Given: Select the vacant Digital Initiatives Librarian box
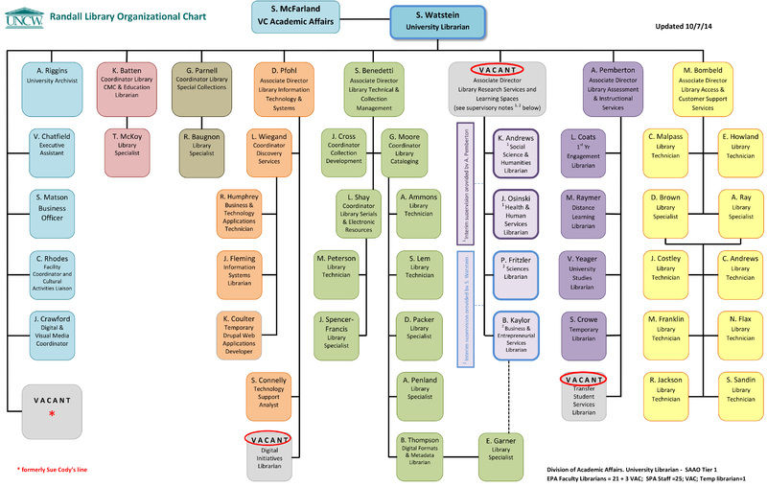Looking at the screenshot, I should pyautogui.click(x=275, y=450).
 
